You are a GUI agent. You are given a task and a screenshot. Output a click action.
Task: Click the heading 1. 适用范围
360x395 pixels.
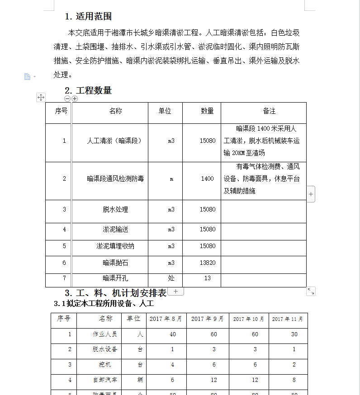pyautogui.click(x=88, y=17)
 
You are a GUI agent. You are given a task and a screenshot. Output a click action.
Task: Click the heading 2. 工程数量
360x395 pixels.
pyautogui.click(x=88, y=90)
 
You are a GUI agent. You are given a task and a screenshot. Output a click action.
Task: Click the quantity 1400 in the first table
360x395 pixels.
pyautogui.click(x=208, y=179)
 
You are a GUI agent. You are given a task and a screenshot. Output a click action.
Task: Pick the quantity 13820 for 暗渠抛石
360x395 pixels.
pyautogui.click(x=208, y=263)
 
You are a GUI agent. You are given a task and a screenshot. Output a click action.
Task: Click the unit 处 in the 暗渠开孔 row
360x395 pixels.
pyautogui.click(x=171, y=278)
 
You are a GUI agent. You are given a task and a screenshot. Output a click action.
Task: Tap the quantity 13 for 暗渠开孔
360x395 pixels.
pyautogui.click(x=208, y=278)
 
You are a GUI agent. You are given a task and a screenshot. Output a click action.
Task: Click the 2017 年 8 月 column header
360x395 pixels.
pyautogui.click(x=166, y=319)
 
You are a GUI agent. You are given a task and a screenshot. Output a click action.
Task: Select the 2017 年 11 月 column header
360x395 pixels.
pyautogui.click(x=288, y=319)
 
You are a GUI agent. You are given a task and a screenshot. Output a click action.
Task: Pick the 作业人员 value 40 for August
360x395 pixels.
pyautogui.click(x=172, y=334)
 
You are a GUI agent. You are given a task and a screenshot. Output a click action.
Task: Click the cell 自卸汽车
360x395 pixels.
pyautogui.click(x=105, y=380)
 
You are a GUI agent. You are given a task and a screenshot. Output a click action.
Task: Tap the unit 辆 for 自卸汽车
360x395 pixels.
pyautogui.click(x=140, y=380)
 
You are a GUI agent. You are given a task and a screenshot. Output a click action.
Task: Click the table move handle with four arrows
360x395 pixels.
pyautogui.click(x=41, y=97)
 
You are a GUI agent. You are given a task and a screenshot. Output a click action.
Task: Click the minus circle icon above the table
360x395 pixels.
pyautogui.click(x=68, y=99)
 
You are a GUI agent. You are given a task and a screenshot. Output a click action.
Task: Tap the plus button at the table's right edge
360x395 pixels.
pyautogui.click(x=311, y=194)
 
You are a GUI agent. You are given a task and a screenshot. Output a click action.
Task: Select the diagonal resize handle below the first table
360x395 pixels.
pyautogui.click(x=311, y=292)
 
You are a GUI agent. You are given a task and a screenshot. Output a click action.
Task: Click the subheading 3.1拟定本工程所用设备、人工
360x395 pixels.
pyautogui.click(x=104, y=303)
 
